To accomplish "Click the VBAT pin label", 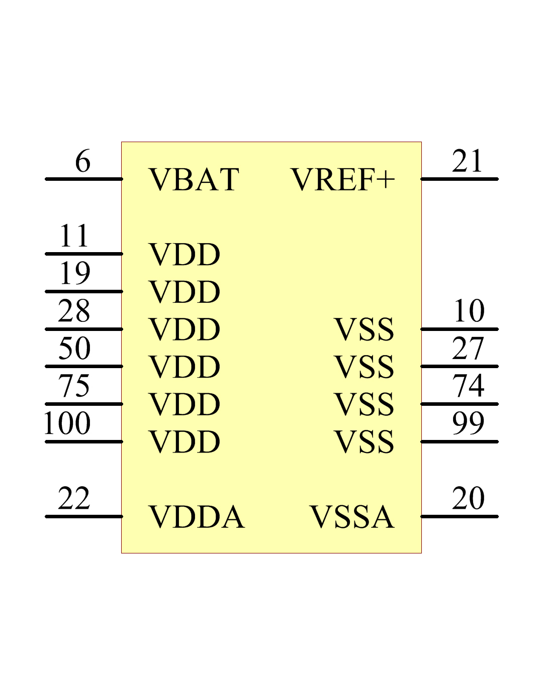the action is click(x=194, y=179).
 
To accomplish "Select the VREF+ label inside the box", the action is click(x=342, y=179).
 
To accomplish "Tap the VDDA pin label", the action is click(x=197, y=517).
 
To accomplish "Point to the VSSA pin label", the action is click(x=352, y=517).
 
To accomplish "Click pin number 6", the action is click(x=82, y=161).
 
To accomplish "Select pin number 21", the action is click(x=467, y=161).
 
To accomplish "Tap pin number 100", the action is click(x=67, y=423).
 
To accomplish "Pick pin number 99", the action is click(x=468, y=423).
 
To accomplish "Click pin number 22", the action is click(x=74, y=498).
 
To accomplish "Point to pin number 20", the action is click(x=468, y=498).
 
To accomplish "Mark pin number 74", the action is click(x=468, y=386).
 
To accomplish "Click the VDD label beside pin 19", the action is click(x=184, y=292).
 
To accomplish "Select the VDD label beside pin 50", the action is click(x=184, y=367).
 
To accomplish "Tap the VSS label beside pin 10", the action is click(x=364, y=329).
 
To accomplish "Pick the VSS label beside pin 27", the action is click(x=364, y=367).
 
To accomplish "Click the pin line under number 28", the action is click(x=84, y=329).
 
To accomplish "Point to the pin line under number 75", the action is click(x=84, y=404).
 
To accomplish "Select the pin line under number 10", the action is click(x=460, y=329).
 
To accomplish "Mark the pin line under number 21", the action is click(x=460, y=179).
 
